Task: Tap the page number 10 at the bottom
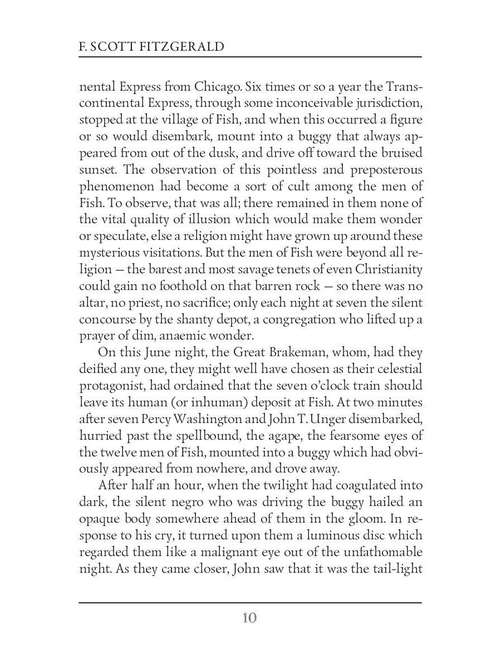250,618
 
